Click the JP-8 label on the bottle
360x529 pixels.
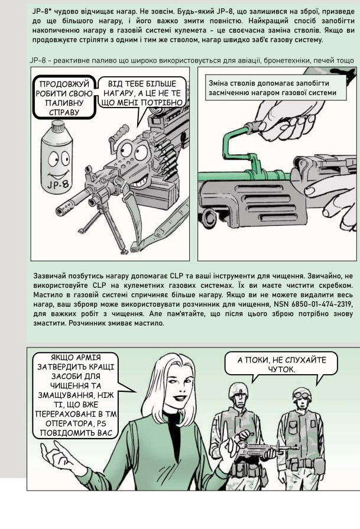58,184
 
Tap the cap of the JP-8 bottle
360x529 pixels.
58,128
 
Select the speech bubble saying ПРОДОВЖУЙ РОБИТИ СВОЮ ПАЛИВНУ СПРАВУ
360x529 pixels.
64,97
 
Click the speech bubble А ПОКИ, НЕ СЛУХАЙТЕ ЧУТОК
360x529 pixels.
281,364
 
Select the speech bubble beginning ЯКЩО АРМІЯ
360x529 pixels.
76,395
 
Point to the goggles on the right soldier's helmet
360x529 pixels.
302,392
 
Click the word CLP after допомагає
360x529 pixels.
176,276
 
